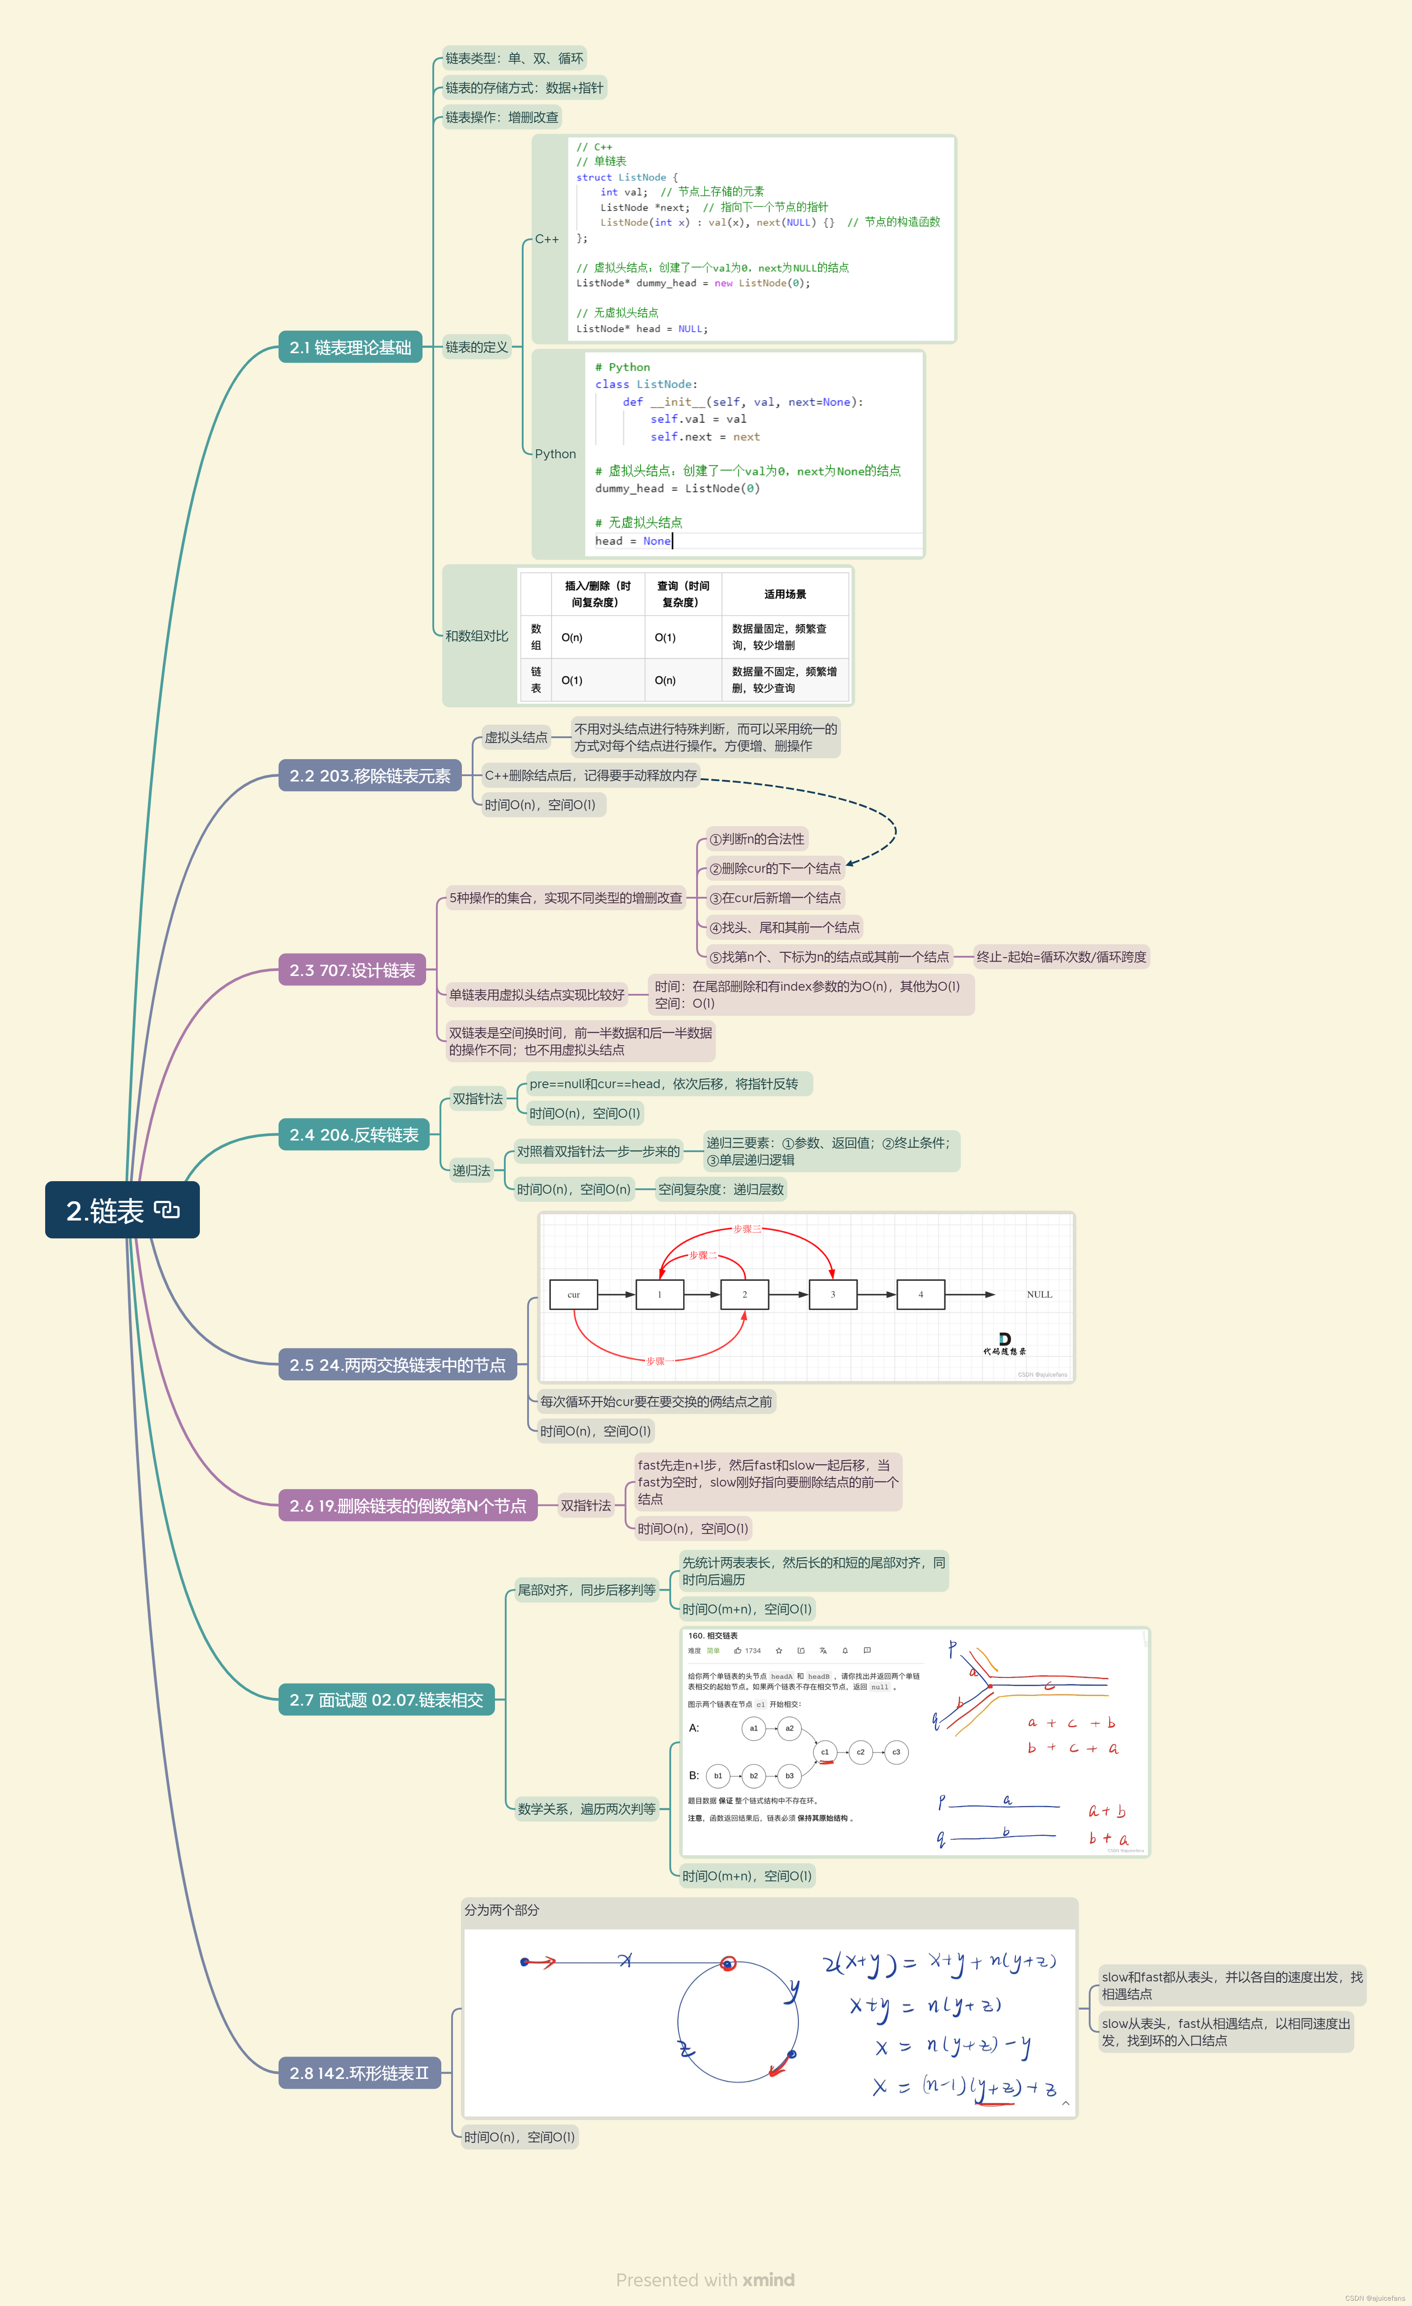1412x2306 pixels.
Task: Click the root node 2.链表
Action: tap(122, 1210)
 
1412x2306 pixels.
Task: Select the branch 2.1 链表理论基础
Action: tap(350, 347)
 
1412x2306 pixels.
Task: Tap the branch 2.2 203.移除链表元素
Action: tap(370, 776)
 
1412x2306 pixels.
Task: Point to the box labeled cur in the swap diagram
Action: tap(574, 1294)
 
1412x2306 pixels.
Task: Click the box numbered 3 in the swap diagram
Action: tap(833, 1294)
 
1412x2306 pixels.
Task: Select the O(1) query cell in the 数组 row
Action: tap(665, 638)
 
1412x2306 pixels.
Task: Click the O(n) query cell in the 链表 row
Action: tap(665, 680)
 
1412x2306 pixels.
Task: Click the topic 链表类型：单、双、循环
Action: tap(514, 58)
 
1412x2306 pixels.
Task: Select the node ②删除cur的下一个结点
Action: tap(775, 869)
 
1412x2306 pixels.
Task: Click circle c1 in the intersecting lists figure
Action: tap(824, 1752)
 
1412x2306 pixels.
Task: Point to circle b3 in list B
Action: tap(789, 1775)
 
